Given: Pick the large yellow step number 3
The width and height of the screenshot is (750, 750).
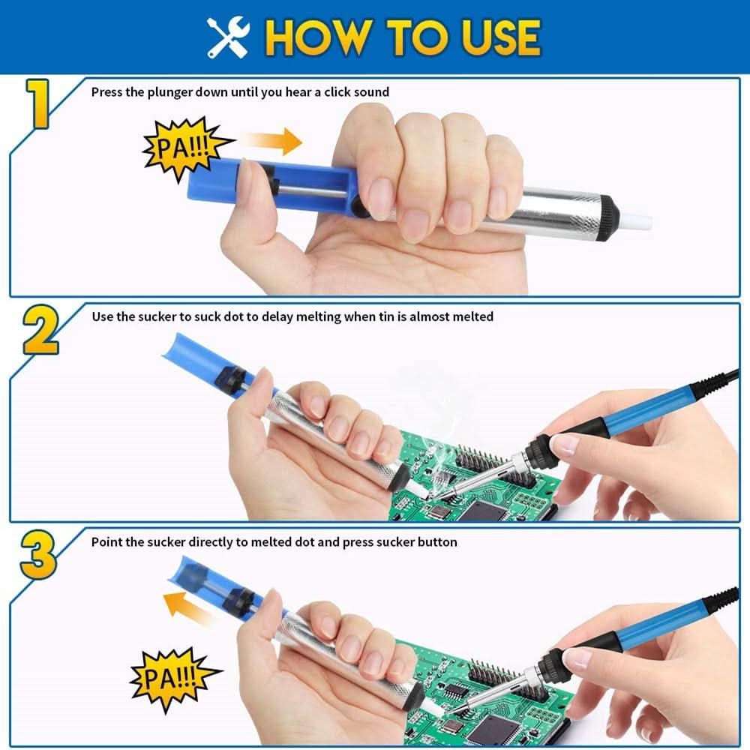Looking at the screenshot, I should pyautogui.click(x=37, y=555).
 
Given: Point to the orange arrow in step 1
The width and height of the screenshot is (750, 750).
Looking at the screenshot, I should pyautogui.click(x=271, y=141).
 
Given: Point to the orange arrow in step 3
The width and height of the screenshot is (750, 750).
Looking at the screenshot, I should pyautogui.click(x=190, y=604).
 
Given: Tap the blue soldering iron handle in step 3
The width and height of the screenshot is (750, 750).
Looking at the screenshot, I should pyautogui.click(x=660, y=622).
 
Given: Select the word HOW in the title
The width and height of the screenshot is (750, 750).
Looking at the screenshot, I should pyautogui.click(x=315, y=37).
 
